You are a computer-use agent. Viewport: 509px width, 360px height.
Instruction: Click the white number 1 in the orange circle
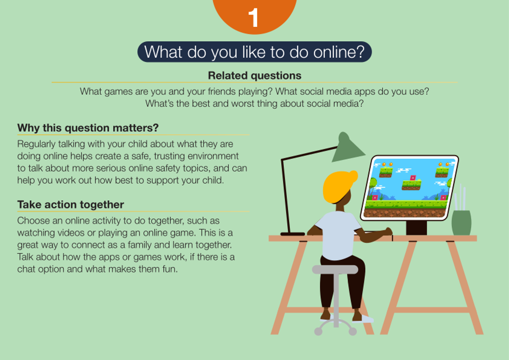click(254, 17)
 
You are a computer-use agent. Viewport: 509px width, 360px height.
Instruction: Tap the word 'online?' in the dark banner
click(339, 52)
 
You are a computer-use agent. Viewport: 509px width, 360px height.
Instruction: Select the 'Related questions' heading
click(255, 76)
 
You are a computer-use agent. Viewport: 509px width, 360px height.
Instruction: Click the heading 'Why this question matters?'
click(88, 128)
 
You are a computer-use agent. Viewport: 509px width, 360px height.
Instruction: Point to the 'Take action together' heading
click(71, 205)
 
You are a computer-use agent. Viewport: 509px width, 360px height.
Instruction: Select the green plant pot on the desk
click(461, 223)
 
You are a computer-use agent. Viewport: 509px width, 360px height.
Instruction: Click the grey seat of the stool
click(335, 270)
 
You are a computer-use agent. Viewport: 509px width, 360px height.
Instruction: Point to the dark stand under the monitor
click(416, 228)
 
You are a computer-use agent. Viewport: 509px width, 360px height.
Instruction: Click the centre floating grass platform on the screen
click(411, 185)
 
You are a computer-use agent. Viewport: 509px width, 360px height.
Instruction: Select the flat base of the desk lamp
click(293, 234)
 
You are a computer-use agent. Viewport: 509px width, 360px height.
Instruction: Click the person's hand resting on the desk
click(388, 231)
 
